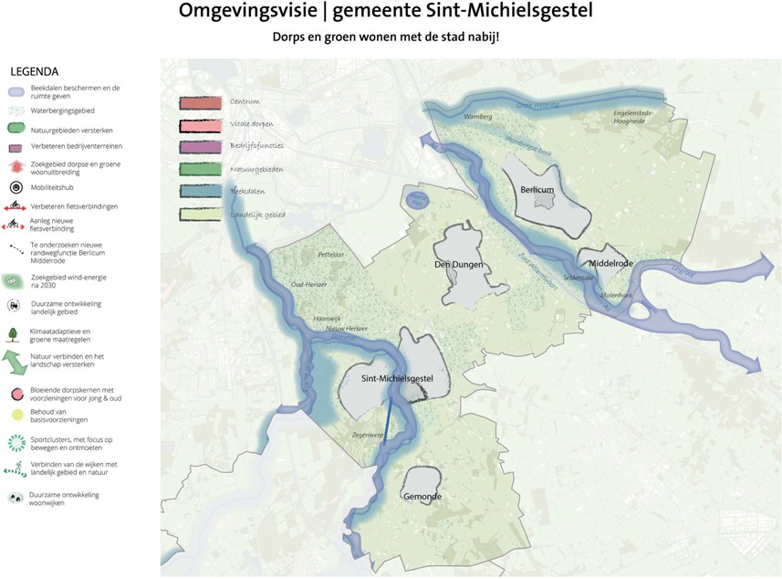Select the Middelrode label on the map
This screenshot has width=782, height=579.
[610, 264]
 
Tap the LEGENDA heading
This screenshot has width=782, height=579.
[34, 71]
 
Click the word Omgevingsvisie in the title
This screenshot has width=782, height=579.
[241, 12]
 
